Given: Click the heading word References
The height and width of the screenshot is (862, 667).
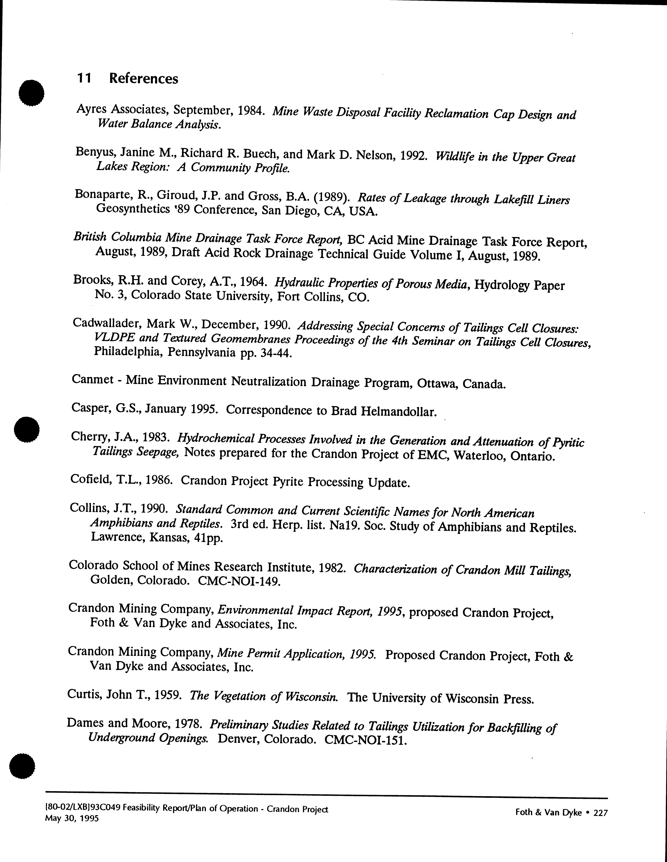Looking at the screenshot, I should pos(144,79).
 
